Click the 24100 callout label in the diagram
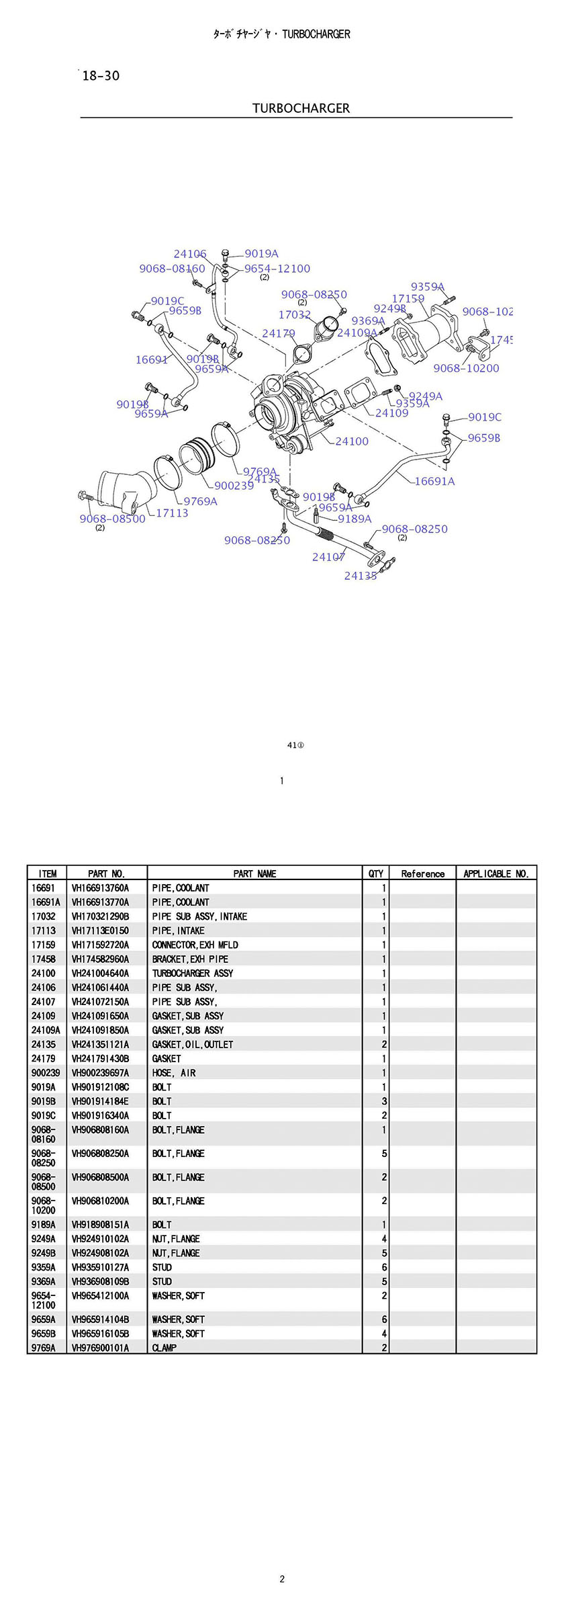[352, 441]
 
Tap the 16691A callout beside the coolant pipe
[434, 481]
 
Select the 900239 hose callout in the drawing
[234, 486]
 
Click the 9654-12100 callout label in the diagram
[277, 269]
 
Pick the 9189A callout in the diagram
[355, 519]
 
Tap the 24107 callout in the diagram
[328, 557]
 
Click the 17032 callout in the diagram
[294, 315]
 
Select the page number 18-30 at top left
[101, 76]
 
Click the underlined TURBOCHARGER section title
[301, 108]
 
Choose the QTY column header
[376, 873]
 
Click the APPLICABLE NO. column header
[496, 873]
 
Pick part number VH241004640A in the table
[101, 973]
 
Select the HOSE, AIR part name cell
[174, 1073]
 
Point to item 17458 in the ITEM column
[44, 959]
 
